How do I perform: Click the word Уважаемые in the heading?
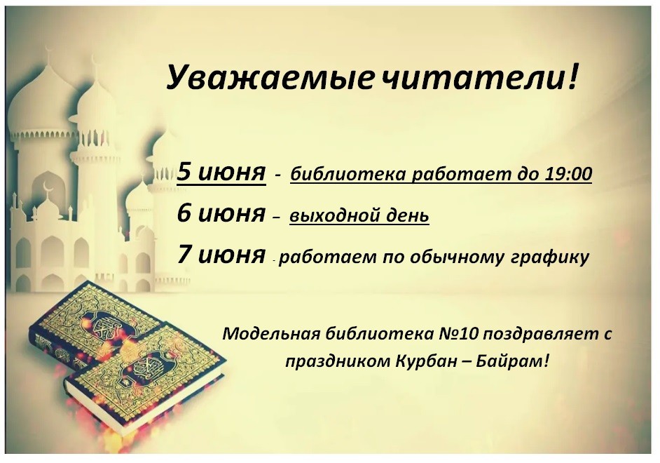269,78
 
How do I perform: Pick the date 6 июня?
221,213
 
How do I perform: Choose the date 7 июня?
221,255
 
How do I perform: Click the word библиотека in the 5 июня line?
348,174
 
